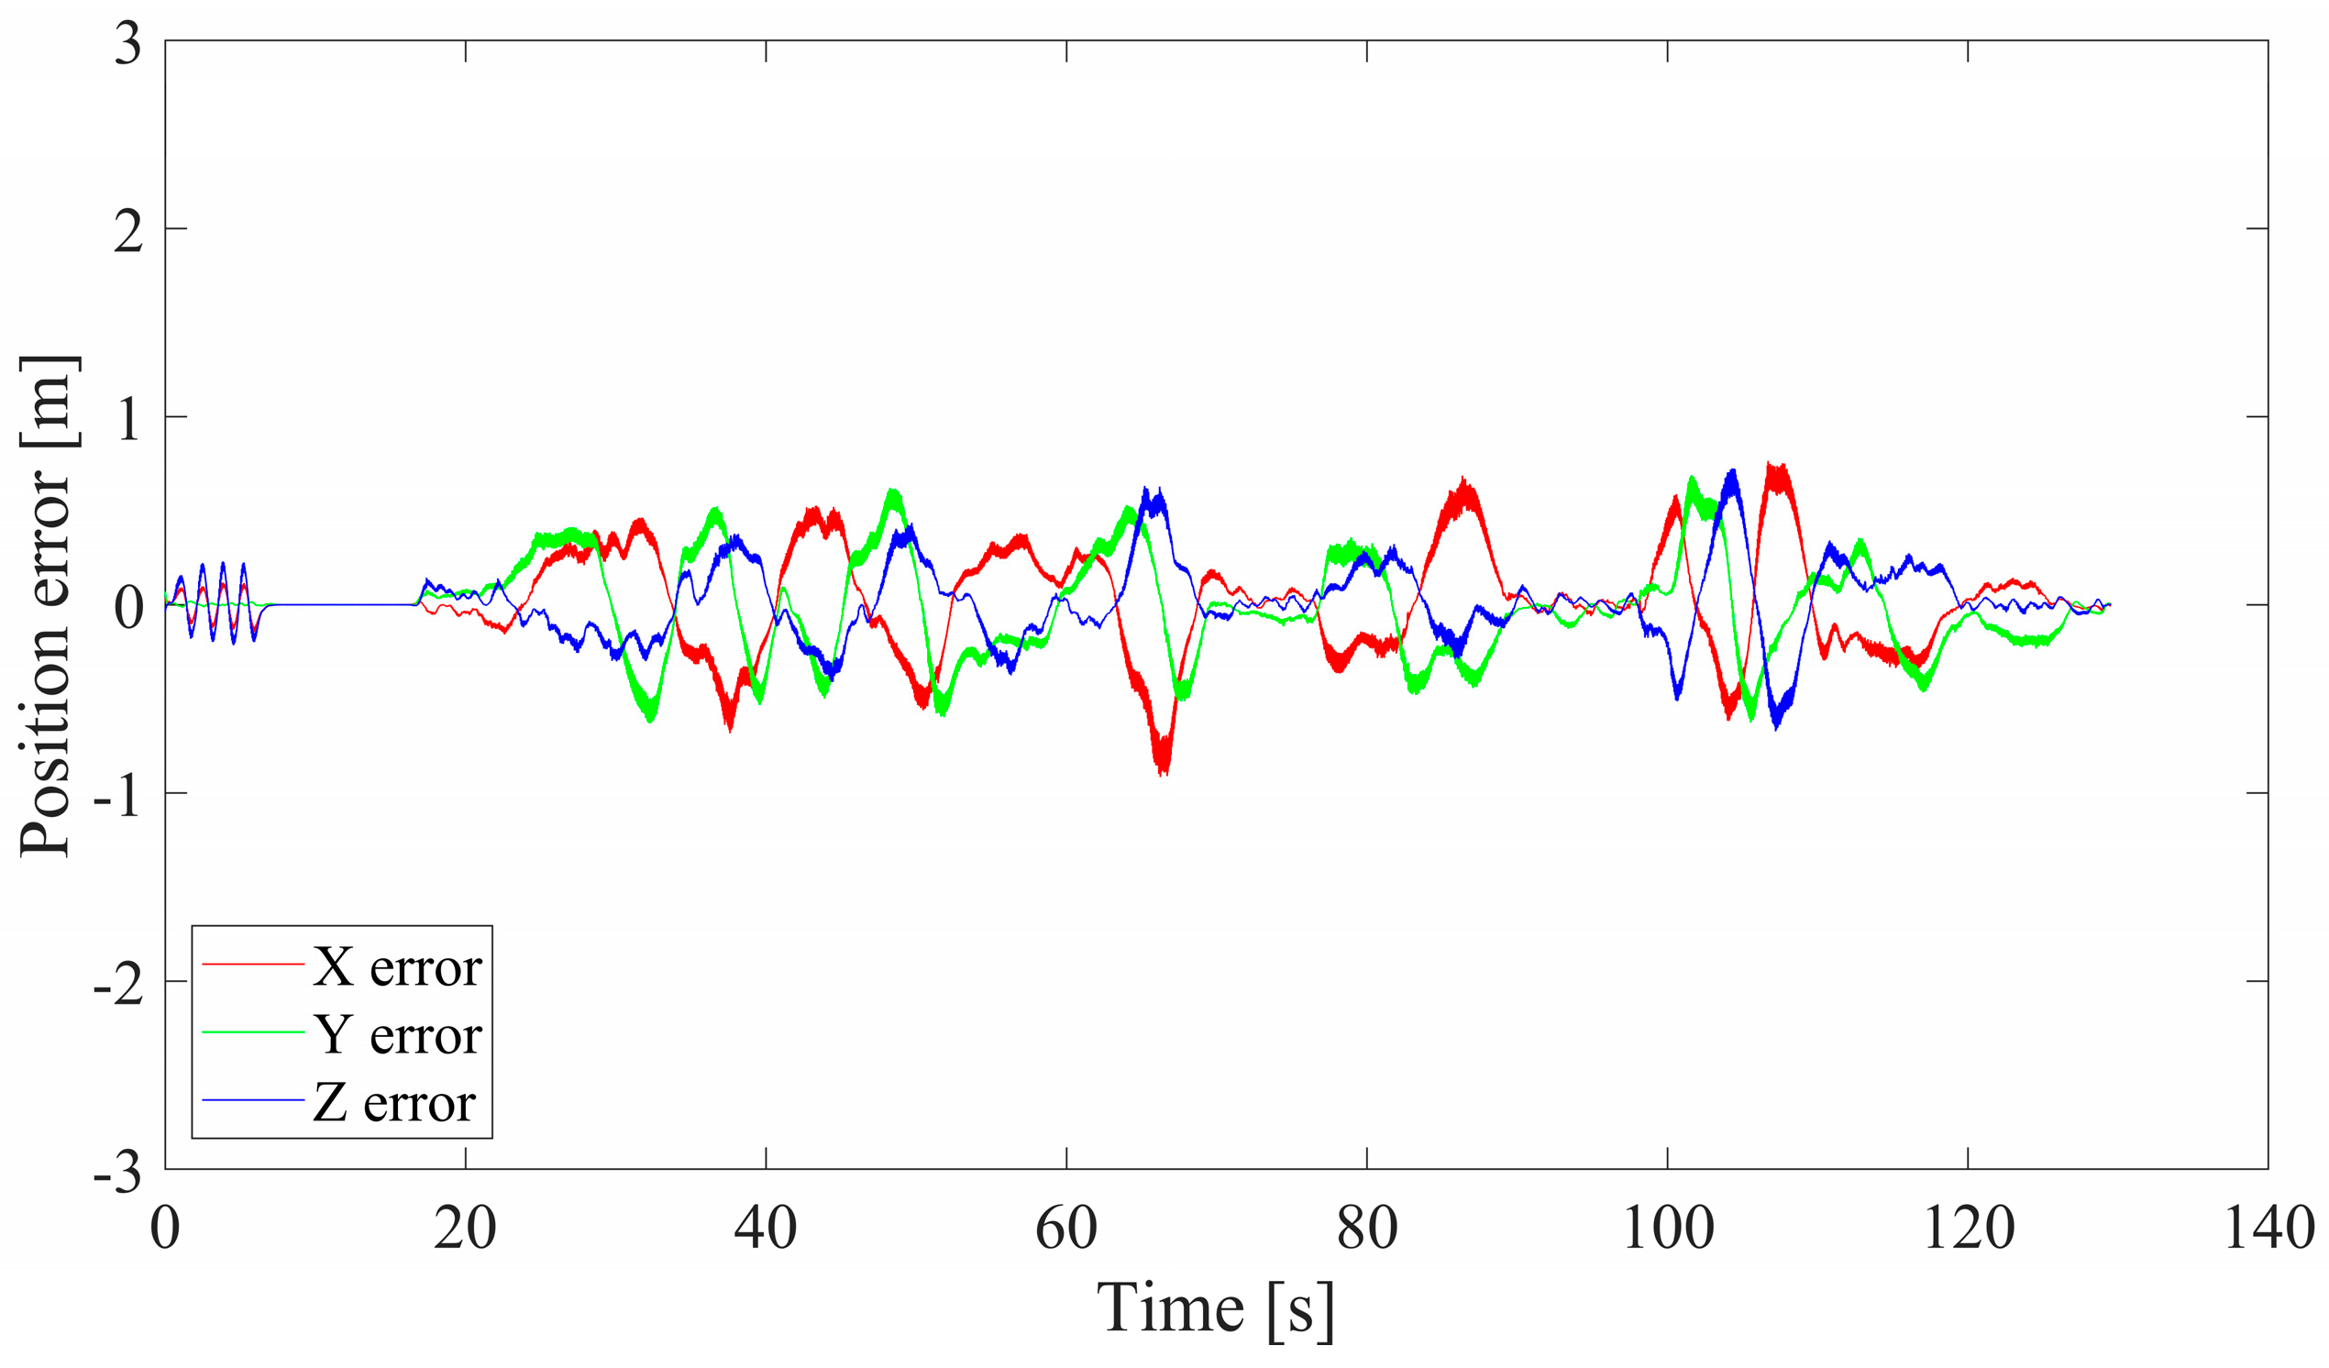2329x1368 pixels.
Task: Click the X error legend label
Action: click(397, 967)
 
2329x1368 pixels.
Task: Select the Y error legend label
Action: click(397, 1035)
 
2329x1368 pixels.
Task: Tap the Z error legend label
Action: click(393, 1103)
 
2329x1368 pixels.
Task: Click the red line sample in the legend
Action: click(253, 964)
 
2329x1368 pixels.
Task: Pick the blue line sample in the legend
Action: click(253, 1100)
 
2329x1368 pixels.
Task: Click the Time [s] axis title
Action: click(1215, 1308)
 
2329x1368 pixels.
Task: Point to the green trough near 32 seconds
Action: click(651, 718)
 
